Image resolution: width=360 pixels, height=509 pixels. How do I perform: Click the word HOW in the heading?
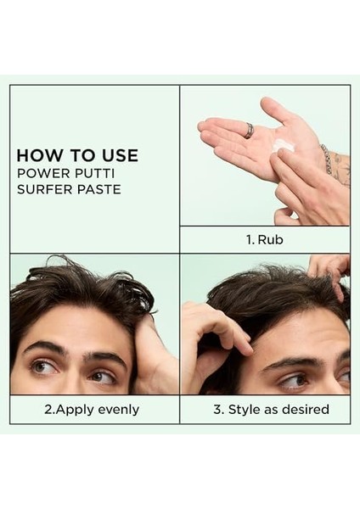[x=34, y=155]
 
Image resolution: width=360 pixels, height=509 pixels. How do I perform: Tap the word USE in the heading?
[x=120, y=155]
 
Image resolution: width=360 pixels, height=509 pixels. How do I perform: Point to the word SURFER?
[x=43, y=189]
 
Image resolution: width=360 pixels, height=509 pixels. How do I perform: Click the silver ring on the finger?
[x=249, y=131]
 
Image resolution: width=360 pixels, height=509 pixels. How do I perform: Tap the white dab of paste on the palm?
[x=283, y=145]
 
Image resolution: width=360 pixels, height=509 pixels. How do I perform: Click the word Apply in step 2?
[x=75, y=410]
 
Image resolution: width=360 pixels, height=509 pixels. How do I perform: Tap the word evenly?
[x=119, y=410]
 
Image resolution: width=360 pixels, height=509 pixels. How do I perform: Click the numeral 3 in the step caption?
[x=217, y=410]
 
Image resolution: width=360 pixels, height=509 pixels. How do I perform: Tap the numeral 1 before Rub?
[x=250, y=240]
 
